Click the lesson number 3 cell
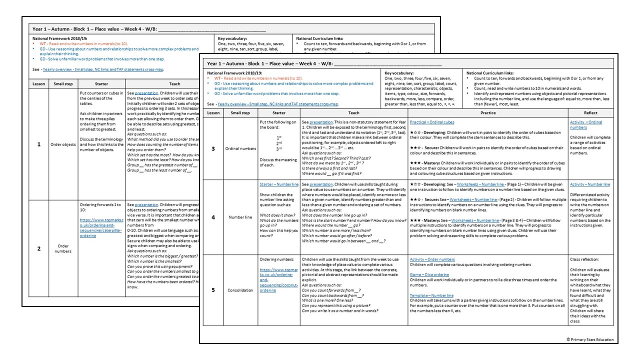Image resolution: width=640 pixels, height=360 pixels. pos(213,148)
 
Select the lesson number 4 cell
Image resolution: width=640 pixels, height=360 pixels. pos(213,217)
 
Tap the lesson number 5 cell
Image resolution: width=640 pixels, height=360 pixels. pos(213,289)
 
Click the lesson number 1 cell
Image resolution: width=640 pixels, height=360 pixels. pos(39,144)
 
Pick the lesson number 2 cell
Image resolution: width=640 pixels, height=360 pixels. pos(39,248)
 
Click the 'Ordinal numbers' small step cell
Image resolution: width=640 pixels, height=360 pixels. pos(241,148)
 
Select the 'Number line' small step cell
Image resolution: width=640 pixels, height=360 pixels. pos(241,217)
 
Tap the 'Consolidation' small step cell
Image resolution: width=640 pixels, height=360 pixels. pos(241,289)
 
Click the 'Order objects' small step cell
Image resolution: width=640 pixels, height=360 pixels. pos(63,144)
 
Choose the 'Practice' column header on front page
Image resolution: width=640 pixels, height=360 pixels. pos(488,113)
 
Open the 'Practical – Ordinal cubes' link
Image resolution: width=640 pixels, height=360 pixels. pos(433,122)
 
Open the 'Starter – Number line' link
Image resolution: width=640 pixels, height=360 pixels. pos(279,184)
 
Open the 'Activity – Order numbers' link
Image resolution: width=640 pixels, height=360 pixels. pos(432,259)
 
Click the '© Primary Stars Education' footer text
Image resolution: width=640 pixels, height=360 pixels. pos(590,339)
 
